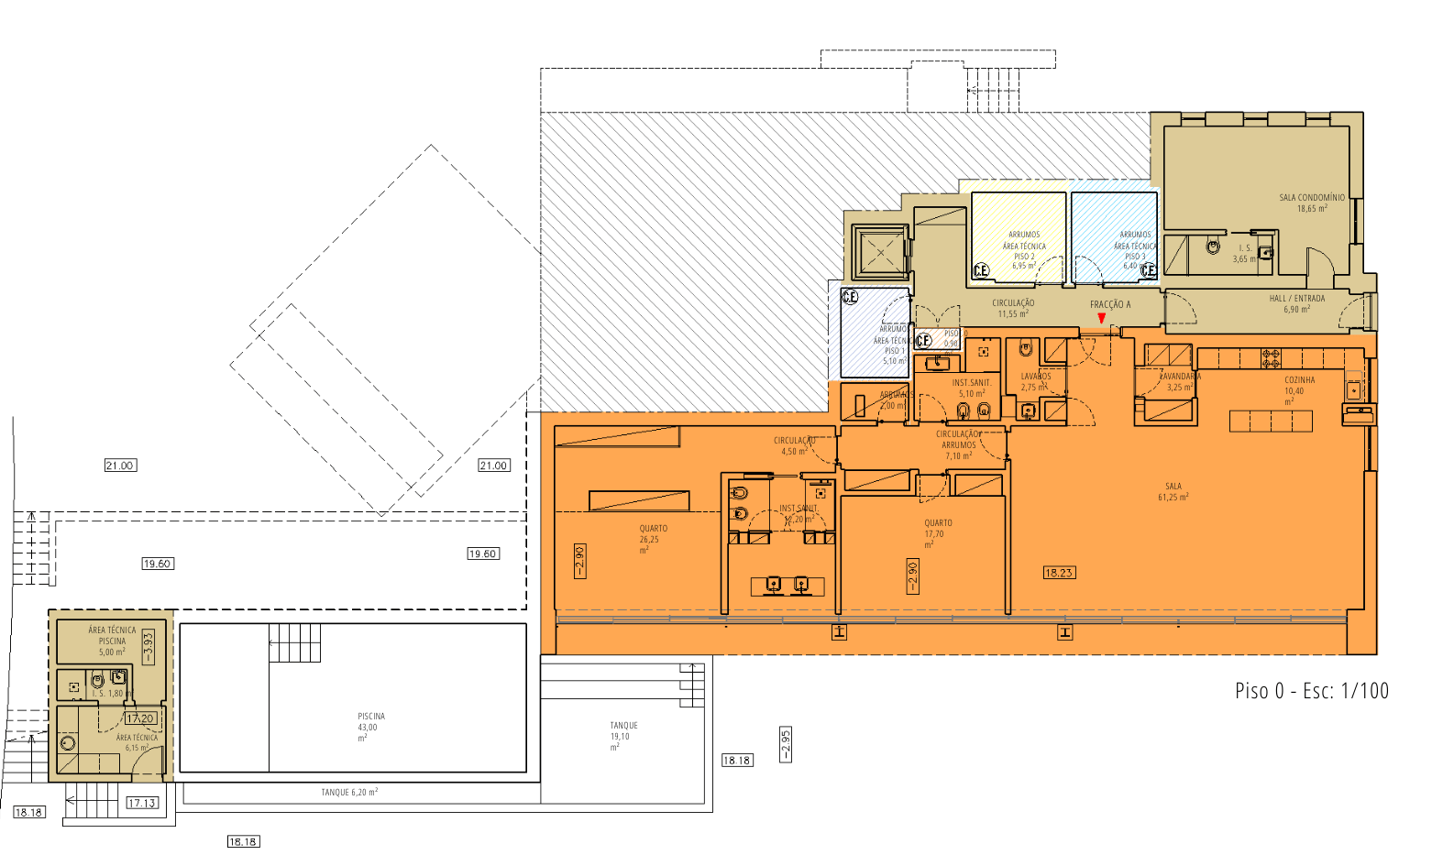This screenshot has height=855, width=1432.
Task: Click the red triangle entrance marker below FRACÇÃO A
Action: [x=1101, y=318]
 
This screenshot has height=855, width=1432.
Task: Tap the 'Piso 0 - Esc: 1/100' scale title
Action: [x=1311, y=691]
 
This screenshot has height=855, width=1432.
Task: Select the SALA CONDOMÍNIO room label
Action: [x=1312, y=203]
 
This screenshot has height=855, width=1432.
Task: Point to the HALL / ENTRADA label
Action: [x=1296, y=303]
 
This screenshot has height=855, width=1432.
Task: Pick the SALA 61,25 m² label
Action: [x=1173, y=492]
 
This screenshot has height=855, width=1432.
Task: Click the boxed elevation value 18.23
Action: [x=1058, y=573]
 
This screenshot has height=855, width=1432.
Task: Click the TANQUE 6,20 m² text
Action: [x=349, y=793]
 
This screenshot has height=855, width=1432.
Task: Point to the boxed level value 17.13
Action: [x=141, y=803]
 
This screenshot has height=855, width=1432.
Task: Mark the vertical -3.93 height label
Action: [x=149, y=647]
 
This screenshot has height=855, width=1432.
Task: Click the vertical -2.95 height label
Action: [x=785, y=745]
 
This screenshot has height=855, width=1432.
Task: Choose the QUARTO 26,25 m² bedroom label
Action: [x=653, y=539]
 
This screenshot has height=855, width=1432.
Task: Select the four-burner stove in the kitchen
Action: [x=1271, y=358]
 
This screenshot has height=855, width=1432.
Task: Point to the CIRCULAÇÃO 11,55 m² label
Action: [x=1013, y=308]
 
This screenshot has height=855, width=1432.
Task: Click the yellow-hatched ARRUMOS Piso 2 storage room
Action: [x=1019, y=236]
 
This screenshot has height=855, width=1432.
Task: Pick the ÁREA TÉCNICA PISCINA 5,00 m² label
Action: [x=112, y=641]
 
